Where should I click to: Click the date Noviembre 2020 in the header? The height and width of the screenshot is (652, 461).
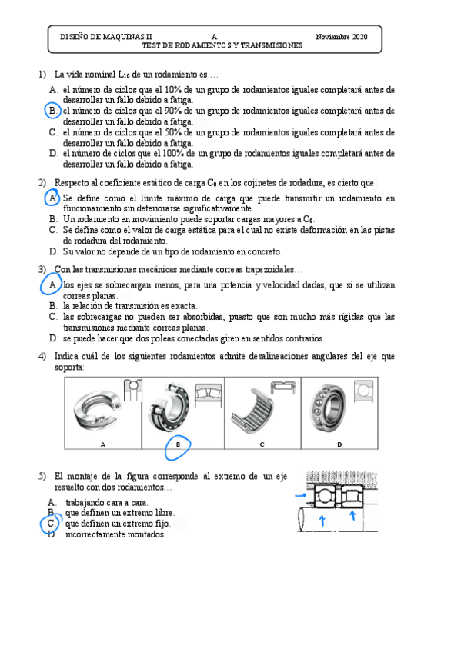click(341, 37)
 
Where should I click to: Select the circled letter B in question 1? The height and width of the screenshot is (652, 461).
click(53, 111)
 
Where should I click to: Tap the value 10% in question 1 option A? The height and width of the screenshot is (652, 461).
click(172, 89)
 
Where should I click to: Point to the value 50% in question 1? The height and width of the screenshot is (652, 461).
click(172, 132)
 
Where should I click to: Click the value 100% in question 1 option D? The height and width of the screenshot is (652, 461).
click(172, 154)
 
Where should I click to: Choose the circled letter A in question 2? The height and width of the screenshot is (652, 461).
click(53, 198)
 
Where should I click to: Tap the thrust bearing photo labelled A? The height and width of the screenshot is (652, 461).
click(97, 411)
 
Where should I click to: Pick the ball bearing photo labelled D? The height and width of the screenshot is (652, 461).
click(328, 408)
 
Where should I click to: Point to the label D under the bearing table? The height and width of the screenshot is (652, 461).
click(339, 444)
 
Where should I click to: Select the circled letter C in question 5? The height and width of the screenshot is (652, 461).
click(51, 524)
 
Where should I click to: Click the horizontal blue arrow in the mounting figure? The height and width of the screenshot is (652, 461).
click(301, 495)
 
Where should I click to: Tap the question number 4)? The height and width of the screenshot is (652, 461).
click(42, 356)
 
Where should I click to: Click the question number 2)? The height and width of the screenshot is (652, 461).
click(42, 182)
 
